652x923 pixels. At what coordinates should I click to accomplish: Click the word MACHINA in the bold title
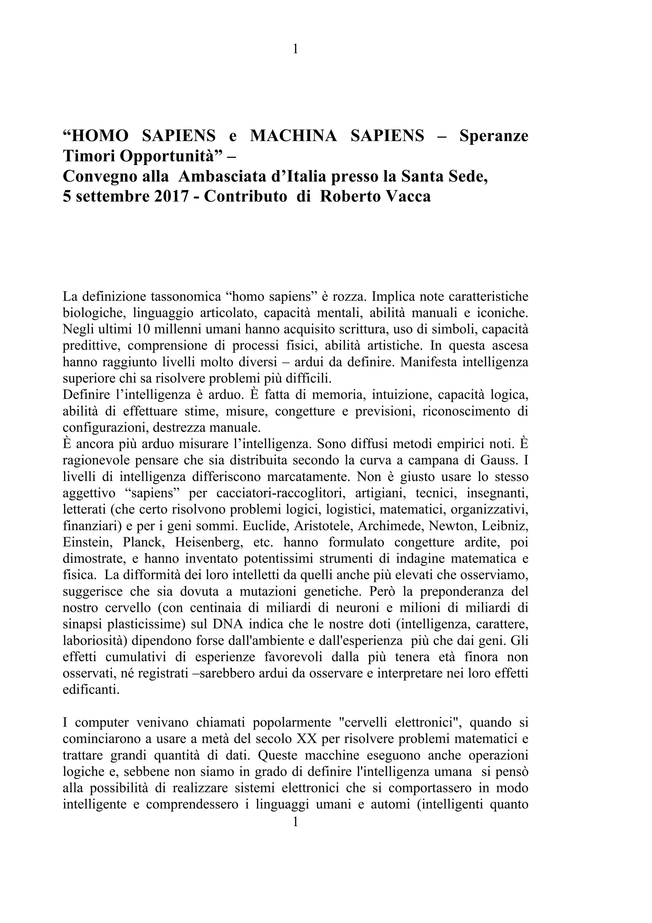pos(293,136)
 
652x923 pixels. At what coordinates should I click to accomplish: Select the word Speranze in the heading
pos(494,136)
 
